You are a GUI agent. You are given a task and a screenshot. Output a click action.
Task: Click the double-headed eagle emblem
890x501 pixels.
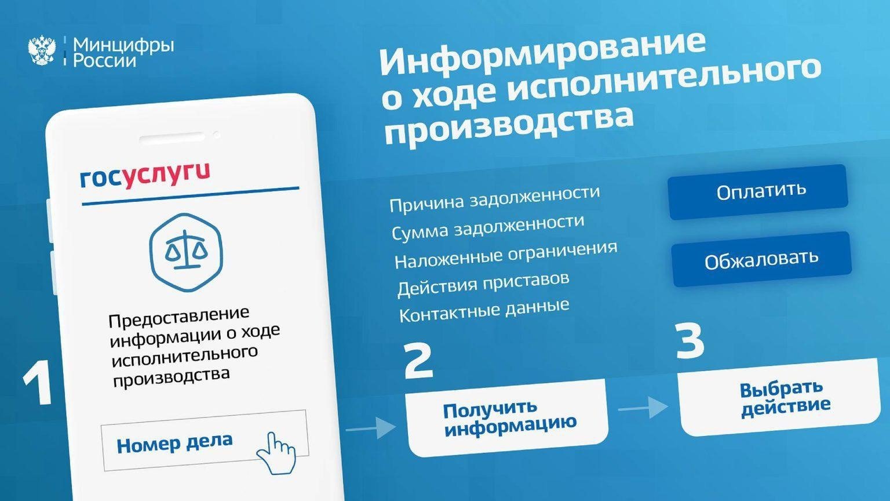click(x=42, y=50)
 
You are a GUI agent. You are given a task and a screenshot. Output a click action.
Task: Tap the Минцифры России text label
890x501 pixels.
click(x=123, y=53)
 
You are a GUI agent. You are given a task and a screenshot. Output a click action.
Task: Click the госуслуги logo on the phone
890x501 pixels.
click(x=145, y=176)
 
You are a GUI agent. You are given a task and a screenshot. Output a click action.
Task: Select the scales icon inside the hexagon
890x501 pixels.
click(x=186, y=252)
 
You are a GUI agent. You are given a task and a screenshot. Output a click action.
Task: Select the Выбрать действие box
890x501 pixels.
click(x=779, y=398)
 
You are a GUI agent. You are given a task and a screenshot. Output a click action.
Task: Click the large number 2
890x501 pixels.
click(x=418, y=361)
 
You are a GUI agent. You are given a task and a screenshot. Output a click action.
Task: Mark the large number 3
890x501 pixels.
click(x=690, y=340)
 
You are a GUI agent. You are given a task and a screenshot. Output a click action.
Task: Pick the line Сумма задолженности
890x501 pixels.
click(x=488, y=227)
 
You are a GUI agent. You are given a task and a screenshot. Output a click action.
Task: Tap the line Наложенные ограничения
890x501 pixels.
click(x=506, y=255)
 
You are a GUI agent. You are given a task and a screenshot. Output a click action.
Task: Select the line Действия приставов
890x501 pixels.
click(x=483, y=284)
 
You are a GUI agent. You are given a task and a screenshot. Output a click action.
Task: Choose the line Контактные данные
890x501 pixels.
click(x=484, y=311)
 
